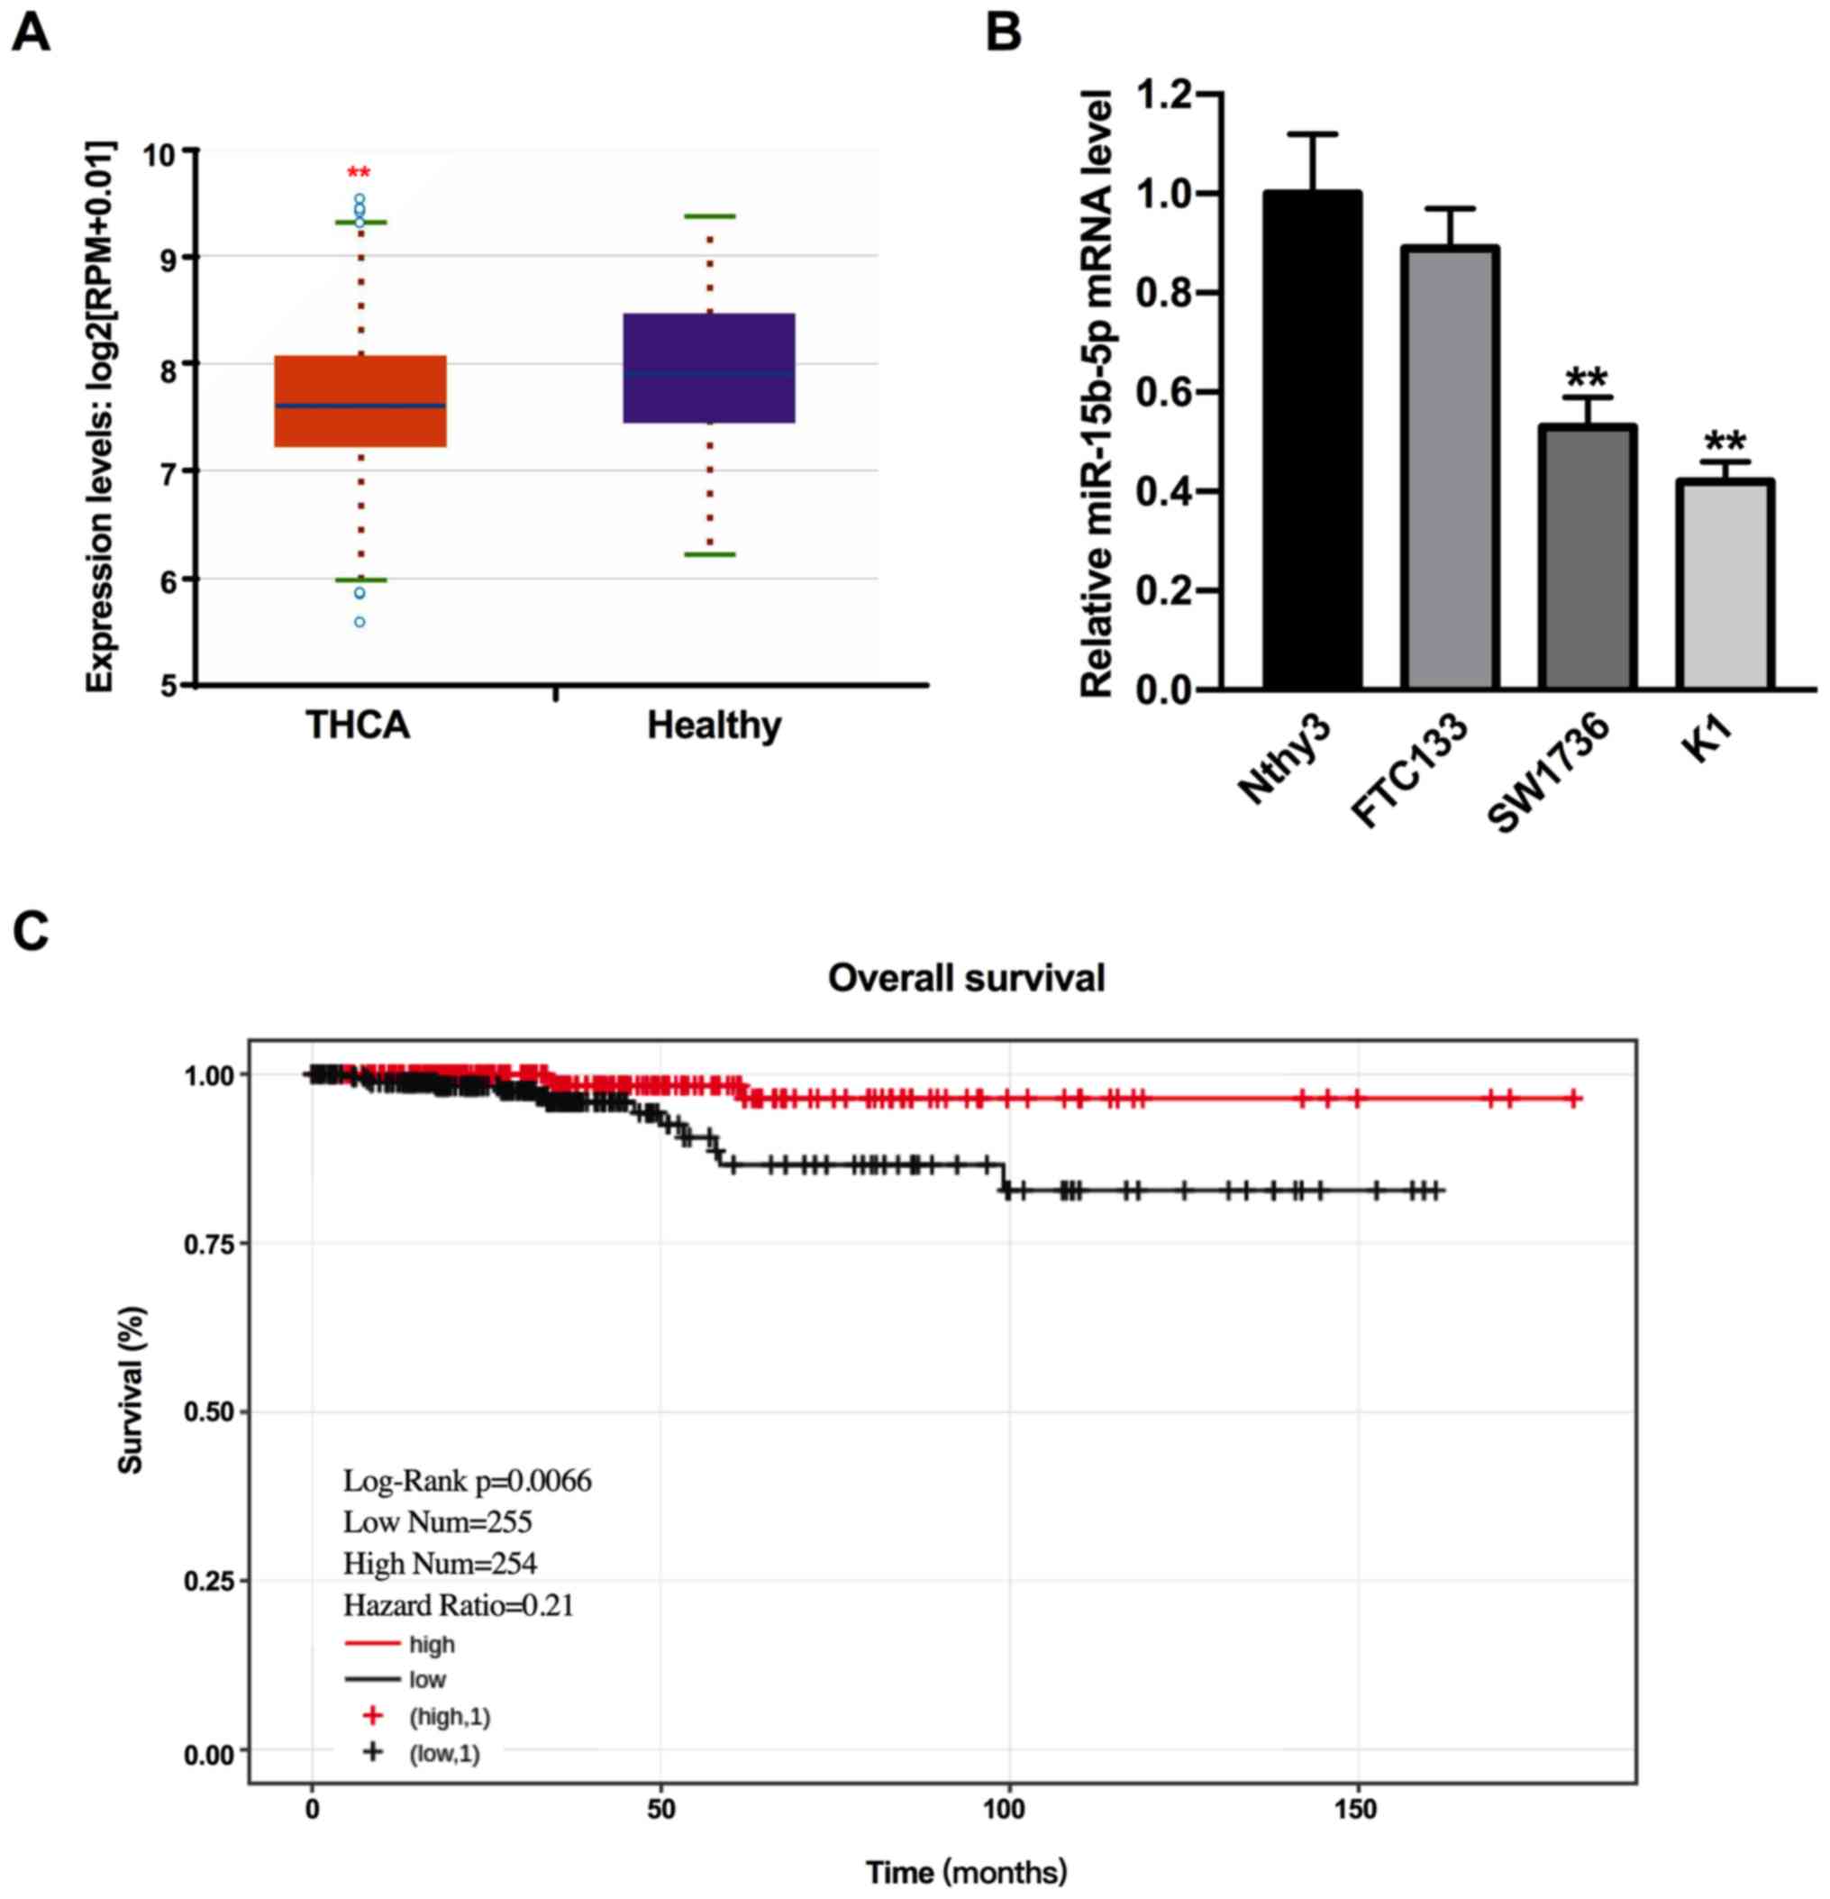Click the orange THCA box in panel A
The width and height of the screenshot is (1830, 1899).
pyautogui.click(x=360, y=401)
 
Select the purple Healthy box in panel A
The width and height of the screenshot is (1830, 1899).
pyautogui.click(x=709, y=368)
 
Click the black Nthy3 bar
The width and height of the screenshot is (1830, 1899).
pyautogui.click(x=1313, y=440)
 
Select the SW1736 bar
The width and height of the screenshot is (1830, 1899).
pyautogui.click(x=1587, y=556)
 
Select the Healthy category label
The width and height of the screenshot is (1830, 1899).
pyautogui.click(x=714, y=726)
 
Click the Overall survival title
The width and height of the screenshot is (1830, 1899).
pyautogui.click(x=966, y=978)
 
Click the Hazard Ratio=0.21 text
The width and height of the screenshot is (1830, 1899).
pyautogui.click(x=459, y=1605)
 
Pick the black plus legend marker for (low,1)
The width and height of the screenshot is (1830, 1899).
pyautogui.click(x=373, y=1752)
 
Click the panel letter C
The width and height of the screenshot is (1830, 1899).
pyautogui.click(x=31, y=930)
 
